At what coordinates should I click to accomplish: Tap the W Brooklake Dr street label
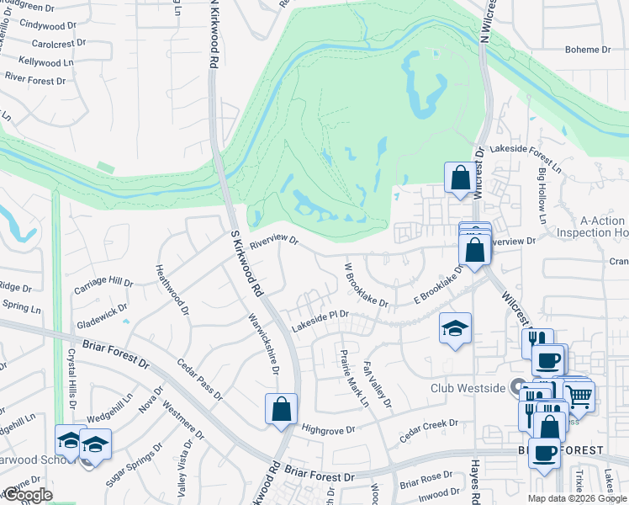coord(366,284)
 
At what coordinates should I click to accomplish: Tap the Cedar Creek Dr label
coord(429,428)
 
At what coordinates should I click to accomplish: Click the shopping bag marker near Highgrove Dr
coord(281,409)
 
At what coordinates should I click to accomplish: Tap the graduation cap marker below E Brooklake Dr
coord(456,329)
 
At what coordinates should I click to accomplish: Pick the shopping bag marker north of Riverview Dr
coord(460,178)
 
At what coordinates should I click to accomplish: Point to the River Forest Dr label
coord(35,81)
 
